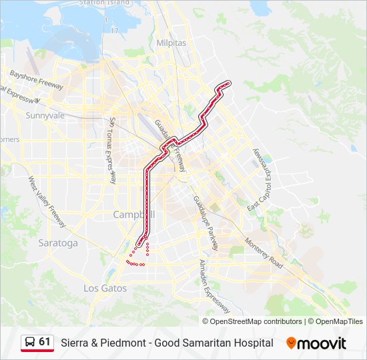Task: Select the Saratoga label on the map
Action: pyautogui.click(x=58, y=243)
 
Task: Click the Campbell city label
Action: pyautogui.click(x=133, y=215)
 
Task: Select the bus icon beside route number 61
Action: pyautogui.click(x=30, y=343)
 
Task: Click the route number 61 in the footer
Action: pyautogui.click(x=45, y=342)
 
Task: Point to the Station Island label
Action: pyautogui.click(x=104, y=3)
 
